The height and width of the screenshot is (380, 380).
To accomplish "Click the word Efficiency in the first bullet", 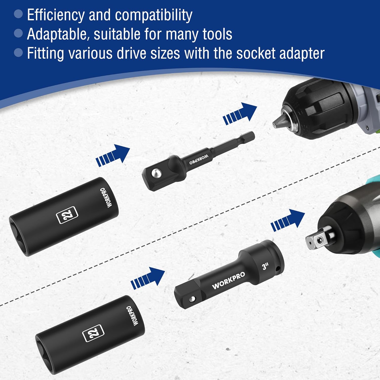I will click(56, 15).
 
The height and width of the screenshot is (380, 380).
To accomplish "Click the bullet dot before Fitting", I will click(18, 53).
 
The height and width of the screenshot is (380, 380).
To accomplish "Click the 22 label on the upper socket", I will click(67, 215).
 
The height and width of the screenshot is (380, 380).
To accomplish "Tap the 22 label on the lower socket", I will click(93, 333).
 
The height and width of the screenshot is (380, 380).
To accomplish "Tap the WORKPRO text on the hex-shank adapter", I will click(199, 160).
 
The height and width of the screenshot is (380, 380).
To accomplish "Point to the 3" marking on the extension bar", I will click(265, 266).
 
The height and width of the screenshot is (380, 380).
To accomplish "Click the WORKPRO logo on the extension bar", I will click(229, 280).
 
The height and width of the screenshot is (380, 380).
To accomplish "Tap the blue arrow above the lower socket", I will click(148, 278).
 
